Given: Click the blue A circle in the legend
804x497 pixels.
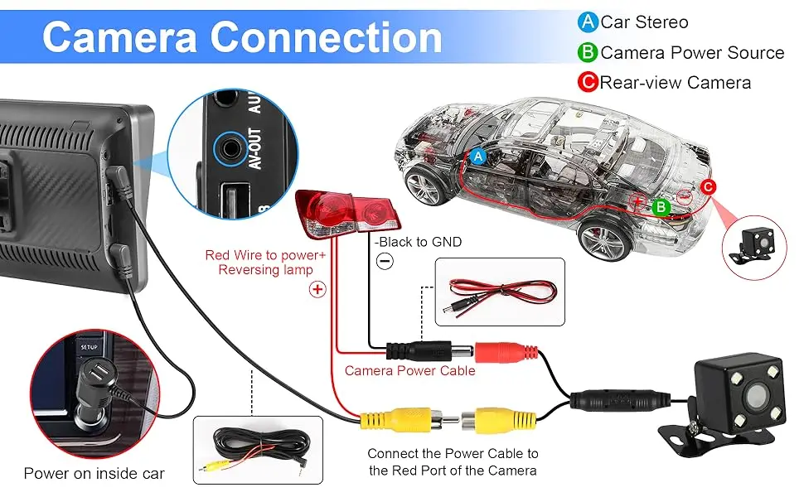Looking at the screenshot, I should pos(588,22).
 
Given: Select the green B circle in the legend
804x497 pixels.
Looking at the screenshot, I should pos(588,53).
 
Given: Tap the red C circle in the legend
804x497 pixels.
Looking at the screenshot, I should pos(588,82).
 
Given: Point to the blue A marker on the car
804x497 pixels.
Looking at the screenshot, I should pos(477,156).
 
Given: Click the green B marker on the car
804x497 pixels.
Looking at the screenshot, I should pos(661,207).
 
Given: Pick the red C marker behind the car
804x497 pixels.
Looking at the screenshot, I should pos(708,186).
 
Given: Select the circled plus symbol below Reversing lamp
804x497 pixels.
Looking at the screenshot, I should pos(317,289).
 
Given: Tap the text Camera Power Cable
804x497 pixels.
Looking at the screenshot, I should pos(409,370).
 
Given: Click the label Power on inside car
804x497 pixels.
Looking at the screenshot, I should pos(94,474).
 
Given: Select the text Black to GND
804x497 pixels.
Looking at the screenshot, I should pos(418,242).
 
